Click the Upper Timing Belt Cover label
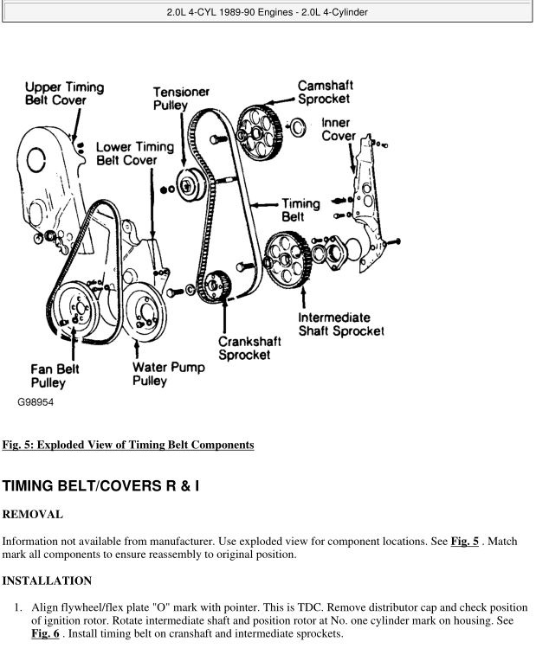[x=64, y=93]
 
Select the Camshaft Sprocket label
[x=325, y=93]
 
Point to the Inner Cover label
[x=339, y=130]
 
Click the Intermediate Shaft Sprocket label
[x=340, y=323]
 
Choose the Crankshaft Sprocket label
[x=243, y=347]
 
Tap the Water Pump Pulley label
[x=169, y=374]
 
